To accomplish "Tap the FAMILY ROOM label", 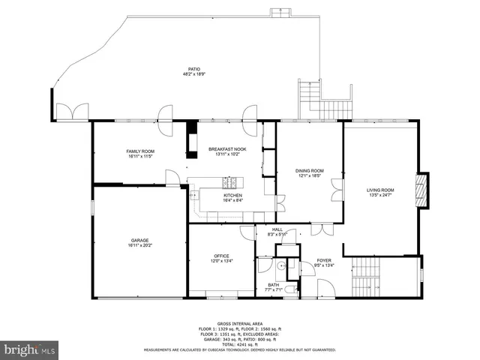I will pyautogui.click(x=140, y=151).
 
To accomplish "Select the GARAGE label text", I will pyautogui.click(x=139, y=240).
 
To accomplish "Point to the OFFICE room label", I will pyautogui.click(x=221, y=256).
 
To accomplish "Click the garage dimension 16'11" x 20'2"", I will pyautogui.click(x=139, y=245).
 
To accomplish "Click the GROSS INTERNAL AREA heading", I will pyautogui.click(x=240, y=319).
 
